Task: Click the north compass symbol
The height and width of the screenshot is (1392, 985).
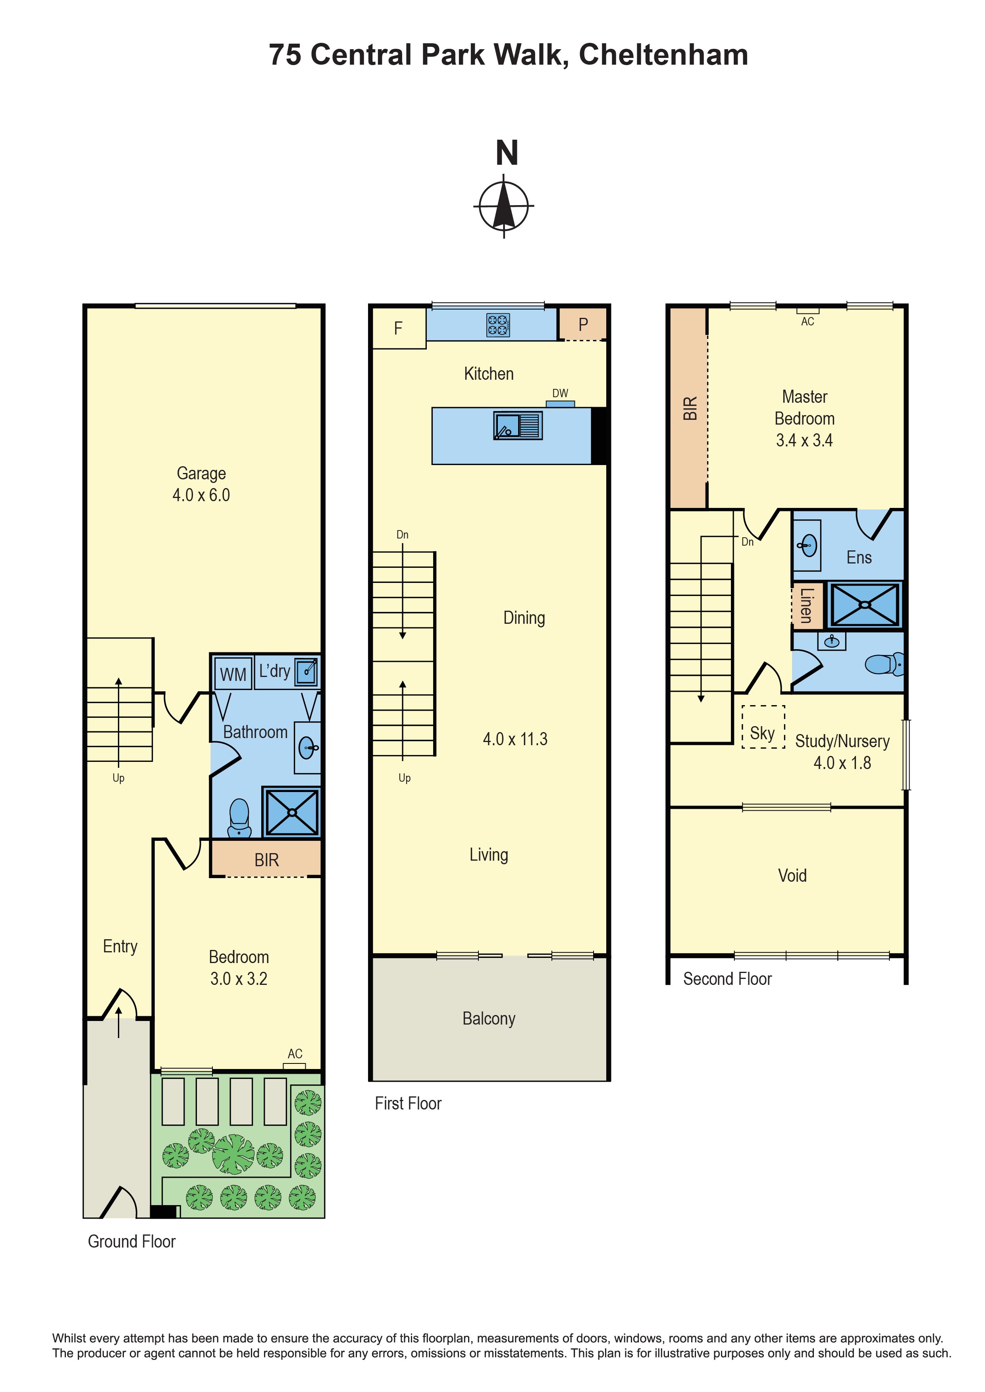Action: click(x=504, y=206)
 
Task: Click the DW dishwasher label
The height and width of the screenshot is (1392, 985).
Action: click(x=560, y=394)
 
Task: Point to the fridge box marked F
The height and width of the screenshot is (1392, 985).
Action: click(x=399, y=328)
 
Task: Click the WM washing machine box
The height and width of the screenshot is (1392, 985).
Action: click(x=233, y=674)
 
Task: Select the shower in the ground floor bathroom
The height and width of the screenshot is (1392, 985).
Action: click(x=292, y=812)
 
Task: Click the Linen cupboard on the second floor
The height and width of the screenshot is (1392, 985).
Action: click(x=807, y=605)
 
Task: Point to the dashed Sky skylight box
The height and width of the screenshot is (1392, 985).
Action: click(x=763, y=726)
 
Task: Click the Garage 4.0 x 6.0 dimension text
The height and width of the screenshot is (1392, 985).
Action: click(x=201, y=495)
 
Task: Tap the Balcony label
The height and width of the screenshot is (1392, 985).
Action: click(x=489, y=1019)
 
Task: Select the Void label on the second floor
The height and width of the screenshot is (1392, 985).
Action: click(x=792, y=875)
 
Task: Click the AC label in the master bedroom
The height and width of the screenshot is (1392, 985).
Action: click(x=807, y=321)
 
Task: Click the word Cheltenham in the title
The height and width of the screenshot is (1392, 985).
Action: click(x=663, y=55)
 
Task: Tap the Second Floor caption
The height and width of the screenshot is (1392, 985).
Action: click(x=727, y=979)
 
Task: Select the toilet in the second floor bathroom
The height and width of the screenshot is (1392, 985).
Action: click(x=884, y=664)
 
